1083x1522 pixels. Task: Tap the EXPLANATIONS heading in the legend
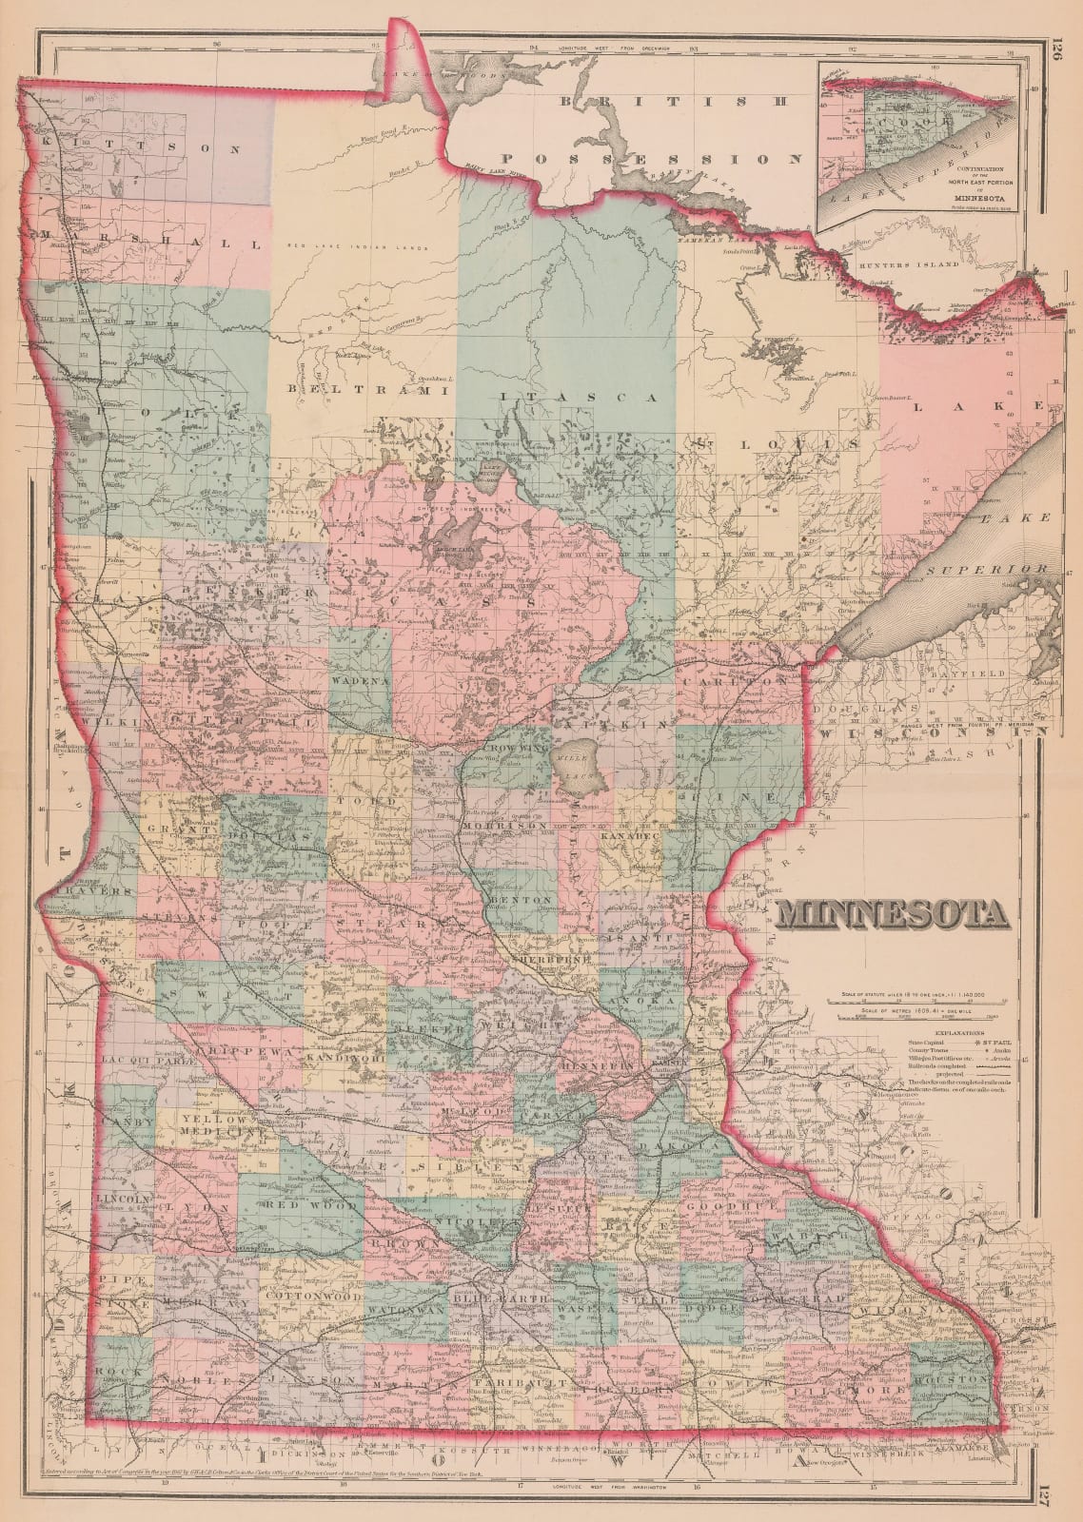[x=960, y=1032]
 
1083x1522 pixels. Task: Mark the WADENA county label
[x=361, y=682]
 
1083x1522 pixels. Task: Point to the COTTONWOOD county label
[x=310, y=1297]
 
